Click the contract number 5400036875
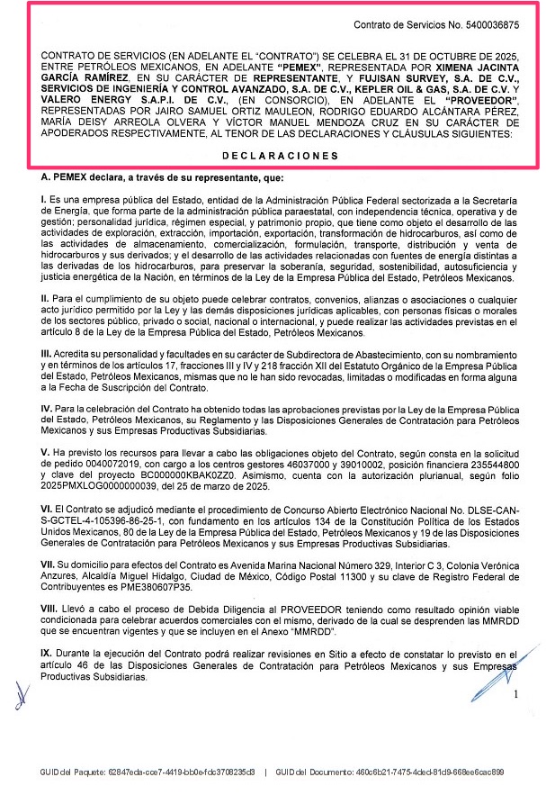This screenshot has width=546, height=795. click(486, 27)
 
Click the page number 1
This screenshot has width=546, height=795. click(515, 694)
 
